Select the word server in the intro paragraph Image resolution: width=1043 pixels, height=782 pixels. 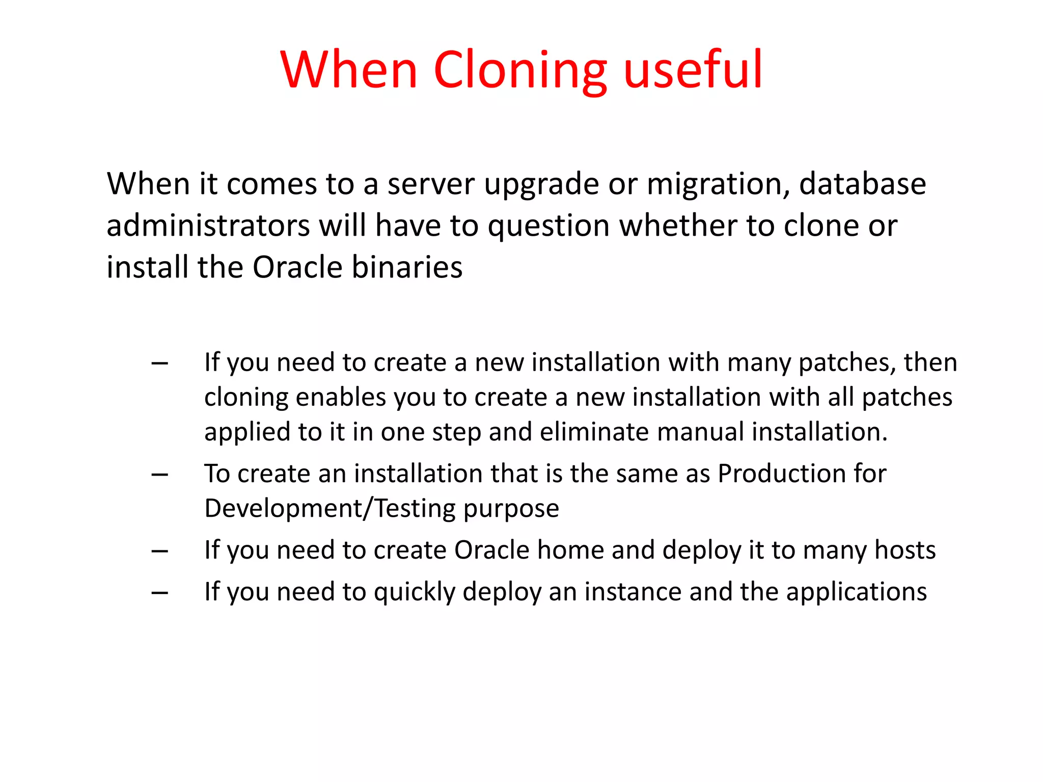click(x=431, y=184)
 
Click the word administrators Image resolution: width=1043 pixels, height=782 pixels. click(x=208, y=226)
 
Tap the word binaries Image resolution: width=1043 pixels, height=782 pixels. click(x=407, y=267)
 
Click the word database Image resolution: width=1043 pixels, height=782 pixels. click(x=862, y=184)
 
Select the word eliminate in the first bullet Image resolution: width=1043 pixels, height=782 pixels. click(x=594, y=432)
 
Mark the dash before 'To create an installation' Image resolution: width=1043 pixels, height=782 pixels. click(x=160, y=475)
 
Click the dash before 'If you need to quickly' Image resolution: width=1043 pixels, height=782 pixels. click(x=160, y=593)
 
